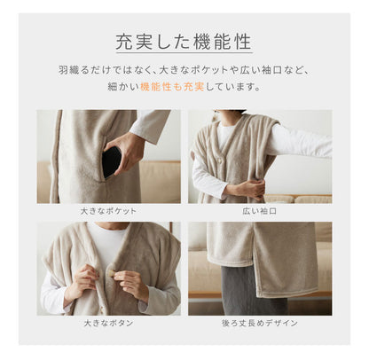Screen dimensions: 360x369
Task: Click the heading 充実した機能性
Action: [184, 41]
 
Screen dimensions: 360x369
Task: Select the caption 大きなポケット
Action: [108, 212]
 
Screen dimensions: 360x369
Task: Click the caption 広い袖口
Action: [260, 212]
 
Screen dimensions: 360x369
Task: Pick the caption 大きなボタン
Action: [108, 323]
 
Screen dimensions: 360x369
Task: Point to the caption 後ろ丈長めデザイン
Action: [260, 323]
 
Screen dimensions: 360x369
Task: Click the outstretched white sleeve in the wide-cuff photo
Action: [297, 142]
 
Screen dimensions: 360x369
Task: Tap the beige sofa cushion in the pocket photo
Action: [160, 182]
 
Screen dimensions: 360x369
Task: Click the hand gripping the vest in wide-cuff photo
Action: [248, 187]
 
